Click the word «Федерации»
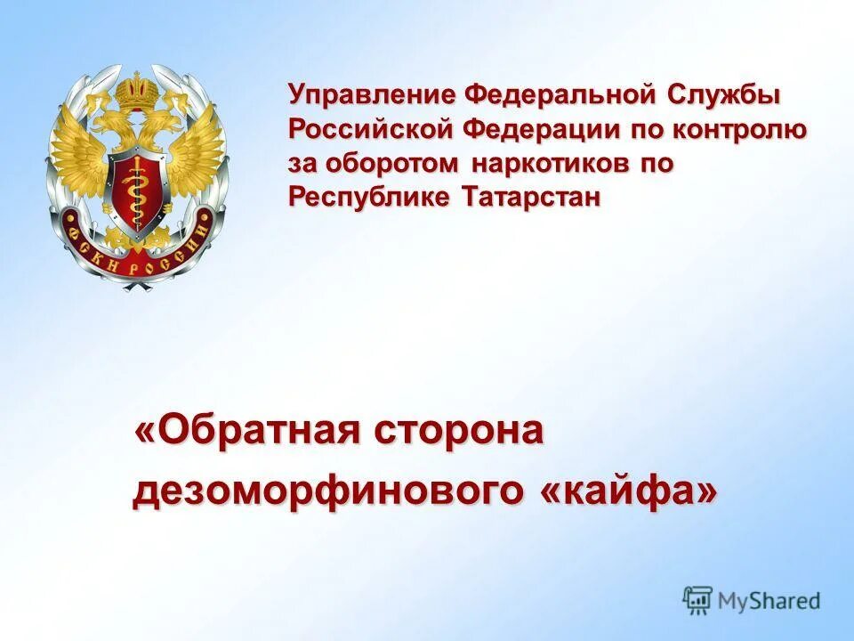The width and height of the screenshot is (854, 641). click(539, 130)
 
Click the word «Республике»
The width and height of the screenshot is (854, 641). click(367, 198)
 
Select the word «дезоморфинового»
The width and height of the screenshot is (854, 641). click(328, 491)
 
